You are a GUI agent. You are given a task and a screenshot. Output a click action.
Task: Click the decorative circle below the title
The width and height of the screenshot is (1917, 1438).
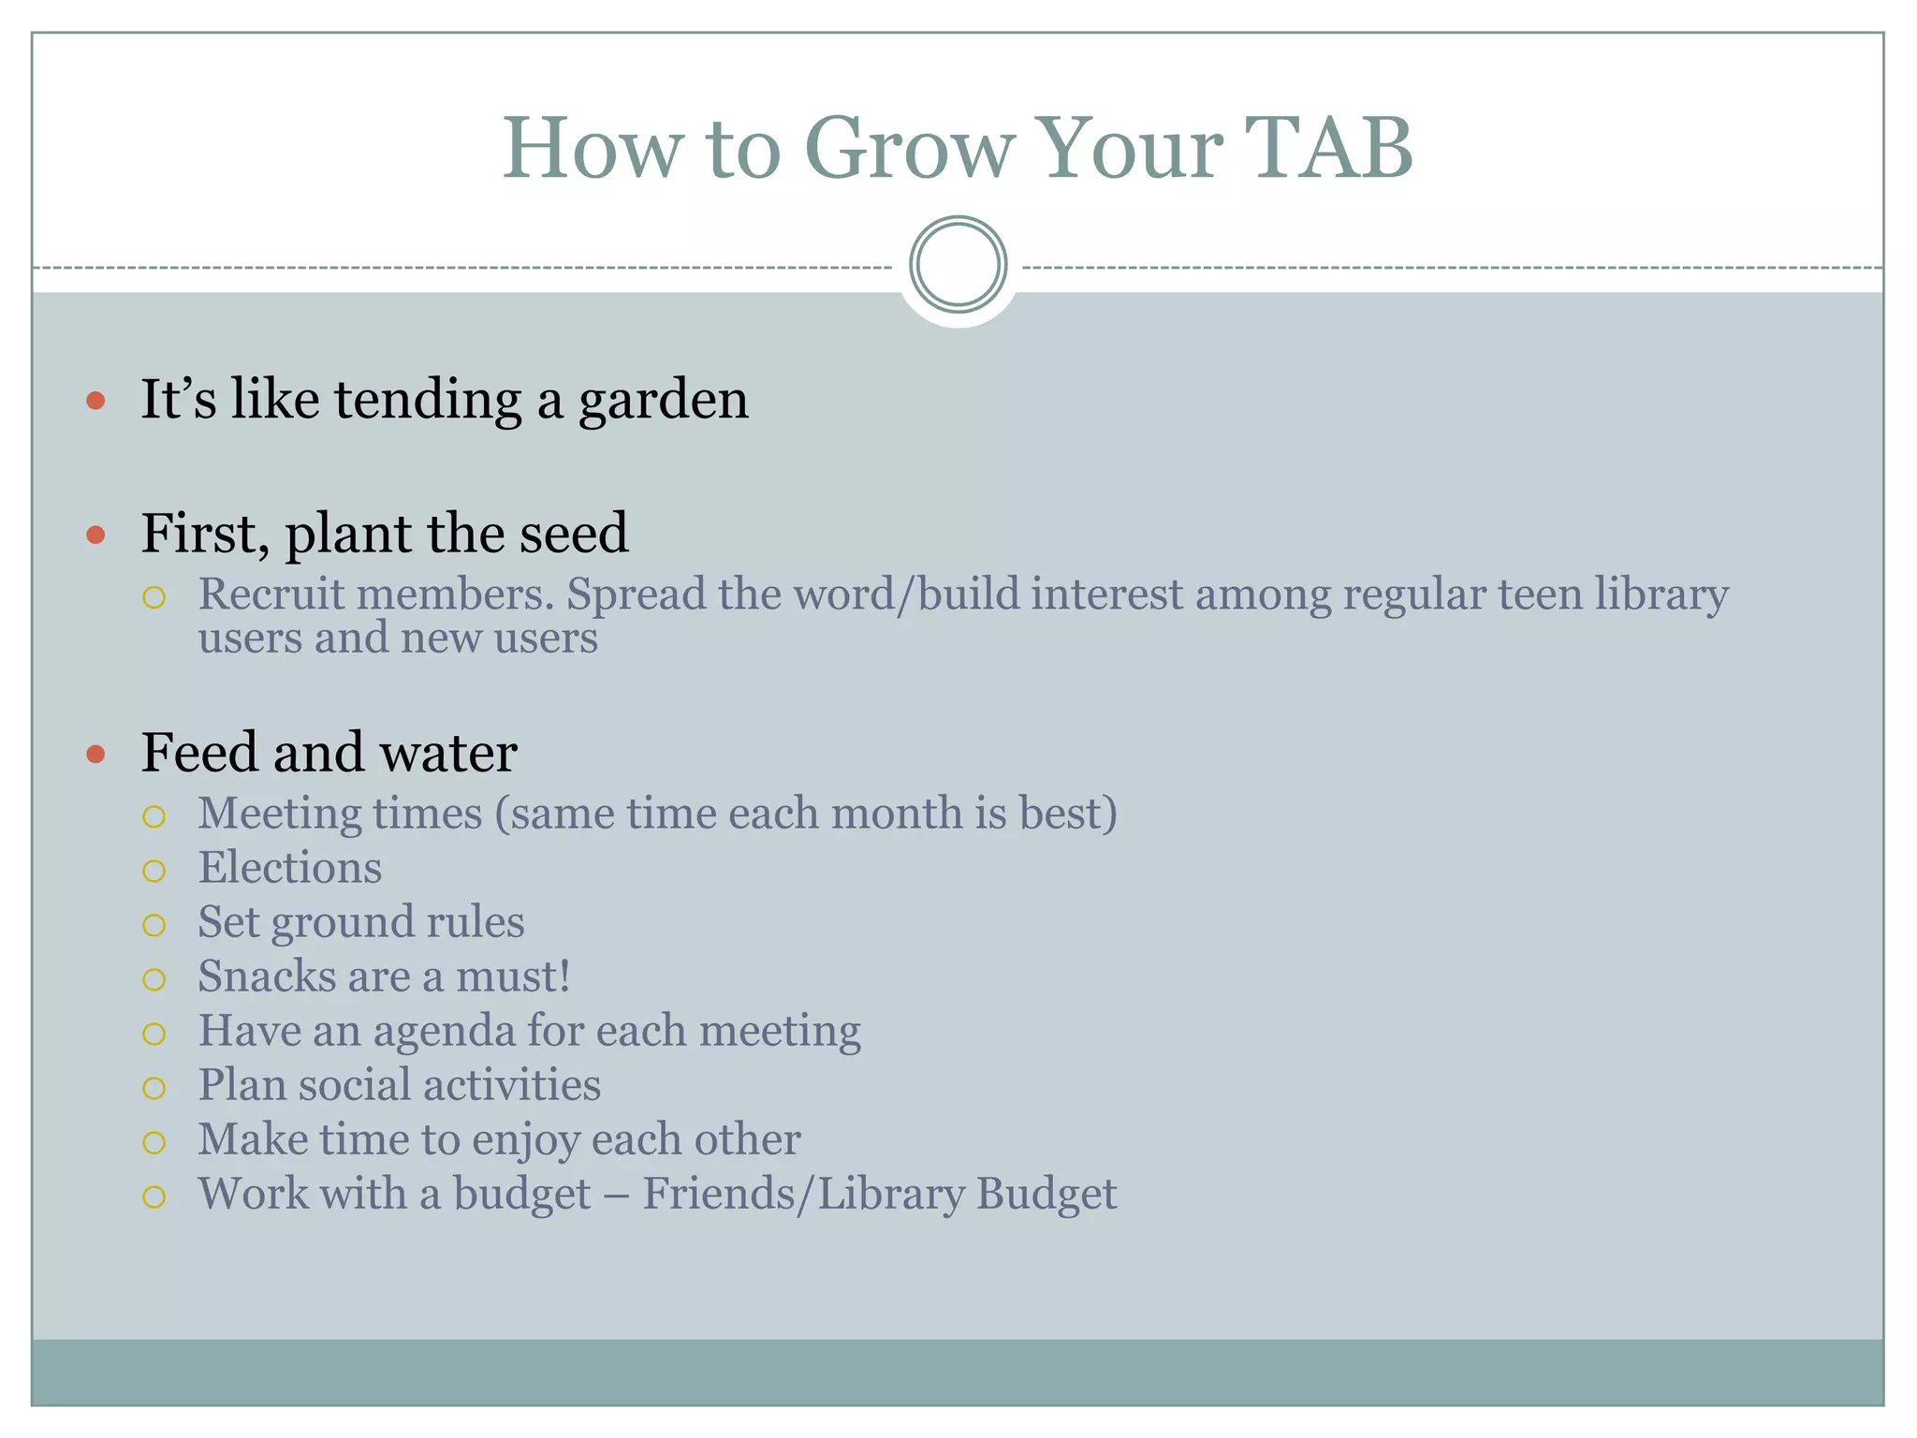pyautogui.click(x=958, y=265)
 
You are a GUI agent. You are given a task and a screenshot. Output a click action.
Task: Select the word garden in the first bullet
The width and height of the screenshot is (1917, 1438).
pyautogui.click(x=663, y=401)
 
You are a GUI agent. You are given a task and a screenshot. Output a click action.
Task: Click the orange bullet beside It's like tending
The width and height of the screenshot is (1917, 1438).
pyautogui.click(x=95, y=402)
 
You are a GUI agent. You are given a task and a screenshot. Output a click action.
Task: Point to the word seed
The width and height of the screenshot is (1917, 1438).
pyautogui.click(x=574, y=534)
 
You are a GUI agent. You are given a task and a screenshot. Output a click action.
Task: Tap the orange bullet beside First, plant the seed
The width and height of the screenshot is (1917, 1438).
pyautogui.click(x=95, y=536)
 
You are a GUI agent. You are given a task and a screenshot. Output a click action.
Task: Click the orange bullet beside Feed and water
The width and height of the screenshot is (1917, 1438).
pyautogui.click(x=95, y=755)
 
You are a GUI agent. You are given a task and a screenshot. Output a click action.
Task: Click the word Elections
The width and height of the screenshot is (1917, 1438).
pyautogui.click(x=289, y=868)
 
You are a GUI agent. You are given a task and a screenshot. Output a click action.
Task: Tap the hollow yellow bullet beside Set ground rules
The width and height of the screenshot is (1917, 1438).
pyautogui.click(x=154, y=926)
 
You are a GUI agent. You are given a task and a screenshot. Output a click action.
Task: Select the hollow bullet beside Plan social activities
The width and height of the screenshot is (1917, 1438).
pyautogui.click(x=154, y=1088)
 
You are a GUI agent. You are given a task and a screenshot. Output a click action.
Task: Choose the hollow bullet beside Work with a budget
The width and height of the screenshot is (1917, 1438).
pyautogui.click(x=154, y=1196)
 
